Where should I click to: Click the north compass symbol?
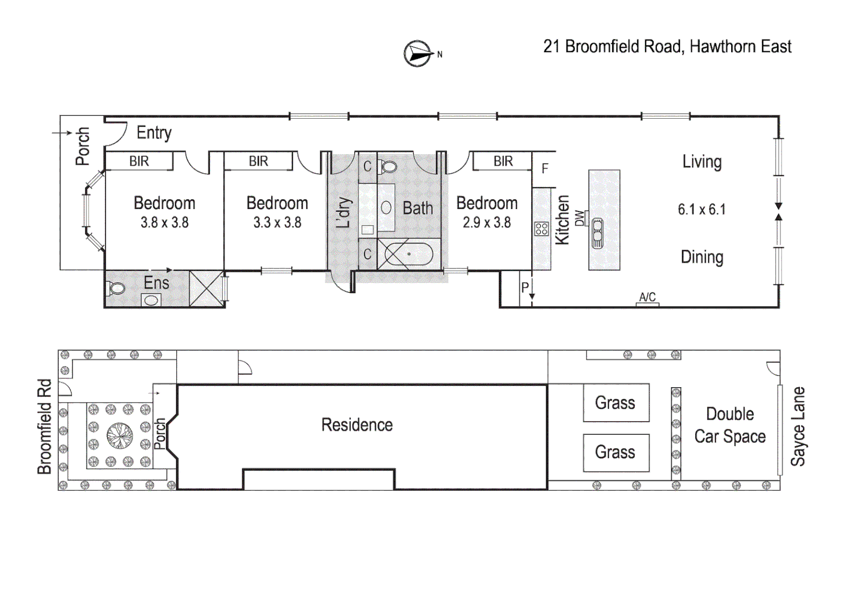click(418, 54)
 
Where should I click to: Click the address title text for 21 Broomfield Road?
click(667, 47)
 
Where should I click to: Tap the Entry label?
click(154, 133)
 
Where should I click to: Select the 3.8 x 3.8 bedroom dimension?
click(165, 223)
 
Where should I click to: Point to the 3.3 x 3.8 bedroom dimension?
click(277, 223)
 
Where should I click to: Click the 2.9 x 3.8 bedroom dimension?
click(487, 223)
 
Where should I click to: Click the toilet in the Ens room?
click(116, 288)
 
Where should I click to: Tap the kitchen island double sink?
click(597, 233)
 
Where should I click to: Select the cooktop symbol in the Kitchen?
click(542, 229)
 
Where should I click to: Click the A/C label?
click(647, 297)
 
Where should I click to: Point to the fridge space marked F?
click(544, 169)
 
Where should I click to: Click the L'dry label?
click(344, 212)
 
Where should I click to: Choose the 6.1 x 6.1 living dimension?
click(701, 210)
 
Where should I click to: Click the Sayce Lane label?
click(798, 426)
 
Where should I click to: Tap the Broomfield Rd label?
click(44, 426)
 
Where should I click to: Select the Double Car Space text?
click(729, 425)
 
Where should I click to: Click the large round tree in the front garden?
click(120, 435)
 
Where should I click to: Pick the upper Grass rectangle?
click(615, 403)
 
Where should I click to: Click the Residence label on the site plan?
click(357, 425)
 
